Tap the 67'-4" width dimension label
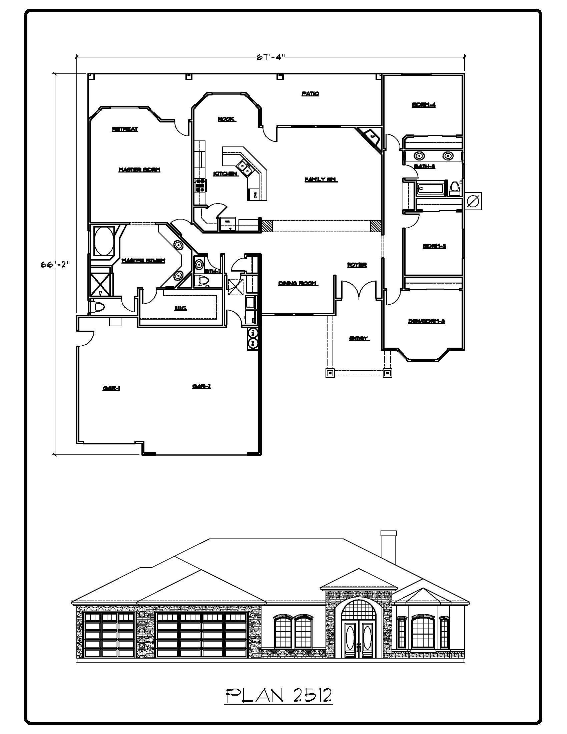[271, 57]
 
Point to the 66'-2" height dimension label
[55, 264]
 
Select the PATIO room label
[310, 94]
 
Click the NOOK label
[227, 119]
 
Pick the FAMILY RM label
[321, 180]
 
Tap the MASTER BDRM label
[139, 170]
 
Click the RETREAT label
[125, 129]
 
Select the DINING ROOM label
[298, 284]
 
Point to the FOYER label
[357, 265]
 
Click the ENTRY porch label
[359, 339]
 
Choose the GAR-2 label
[201, 386]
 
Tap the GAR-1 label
[111, 388]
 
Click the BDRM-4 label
[424, 105]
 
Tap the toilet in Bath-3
[455, 188]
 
